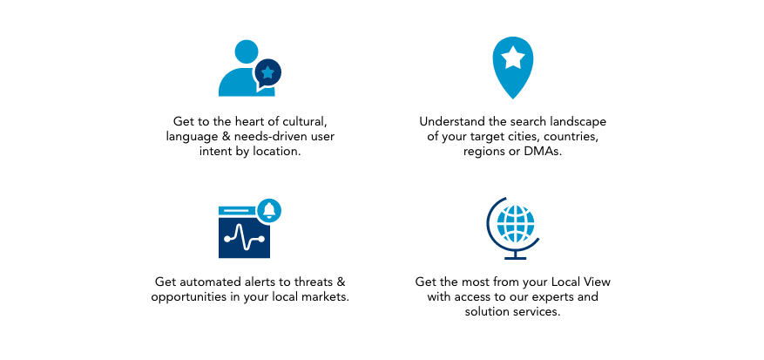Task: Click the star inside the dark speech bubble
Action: point(267,73)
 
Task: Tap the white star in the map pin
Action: point(512,58)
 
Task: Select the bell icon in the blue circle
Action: point(269,210)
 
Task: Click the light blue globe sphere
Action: point(516,224)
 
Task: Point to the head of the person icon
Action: point(246,51)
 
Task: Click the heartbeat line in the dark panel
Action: point(244,237)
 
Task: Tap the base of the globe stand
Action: point(516,256)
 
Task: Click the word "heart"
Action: point(249,121)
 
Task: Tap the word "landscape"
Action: point(577,121)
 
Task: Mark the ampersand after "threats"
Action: point(341,282)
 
